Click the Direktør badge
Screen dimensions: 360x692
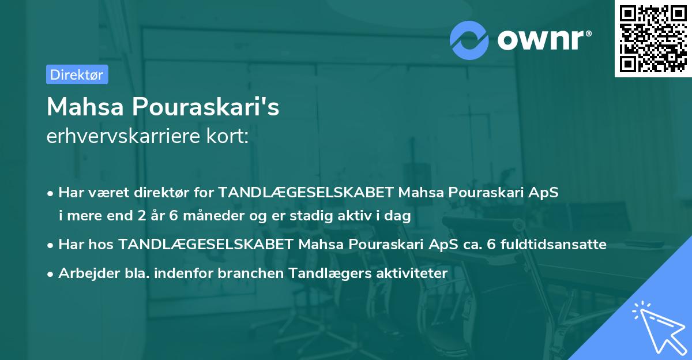(77, 74)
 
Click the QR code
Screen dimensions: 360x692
(652, 39)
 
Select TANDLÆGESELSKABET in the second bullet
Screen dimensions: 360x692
(206, 244)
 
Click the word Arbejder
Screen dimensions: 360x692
(84, 273)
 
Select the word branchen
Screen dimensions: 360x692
(245, 273)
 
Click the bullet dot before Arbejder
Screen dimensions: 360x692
(51, 273)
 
